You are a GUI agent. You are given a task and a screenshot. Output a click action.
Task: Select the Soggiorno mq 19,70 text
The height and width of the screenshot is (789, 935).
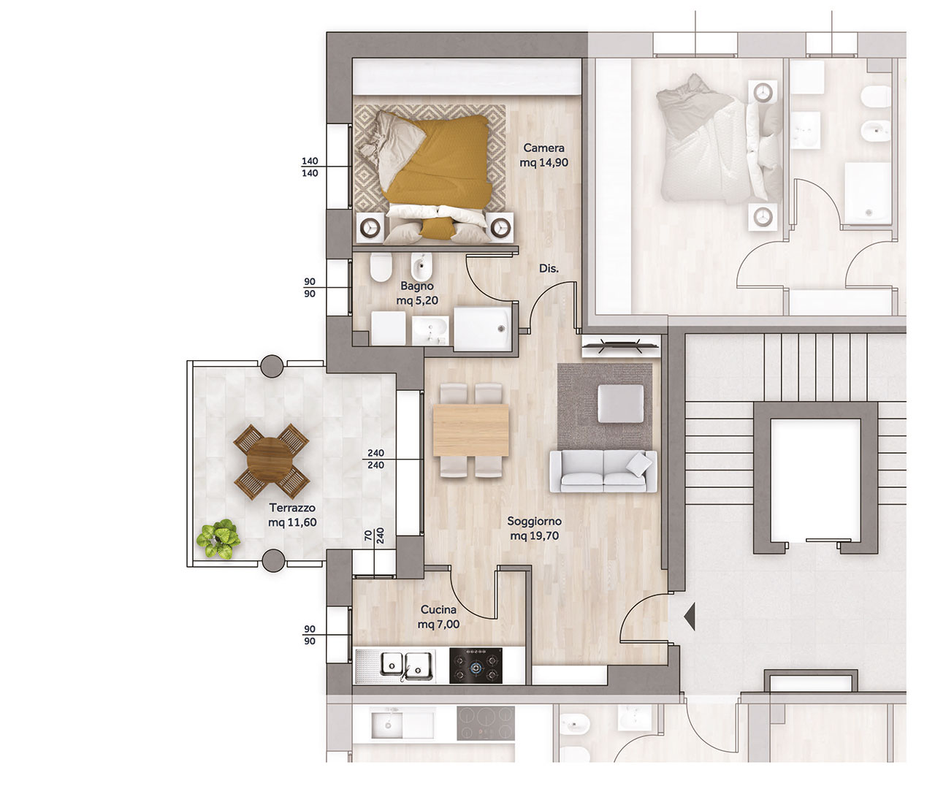pos(534,528)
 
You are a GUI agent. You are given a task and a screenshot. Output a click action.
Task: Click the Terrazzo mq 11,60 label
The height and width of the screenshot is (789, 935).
pos(292,515)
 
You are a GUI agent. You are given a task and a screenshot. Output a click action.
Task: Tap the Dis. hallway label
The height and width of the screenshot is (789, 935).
pos(549,268)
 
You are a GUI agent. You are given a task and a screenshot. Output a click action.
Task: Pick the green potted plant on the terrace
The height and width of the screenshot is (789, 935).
pos(218,538)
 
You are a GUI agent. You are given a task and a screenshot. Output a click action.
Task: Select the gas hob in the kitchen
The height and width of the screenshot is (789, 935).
pos(476,666)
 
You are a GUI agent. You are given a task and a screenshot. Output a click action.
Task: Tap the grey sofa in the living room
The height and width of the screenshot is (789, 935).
pos(603,471)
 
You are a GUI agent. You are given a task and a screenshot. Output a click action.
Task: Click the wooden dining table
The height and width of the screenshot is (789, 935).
pos(470,430)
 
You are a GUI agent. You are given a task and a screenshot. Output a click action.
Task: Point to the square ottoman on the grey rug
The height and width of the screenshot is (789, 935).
pos(621,403)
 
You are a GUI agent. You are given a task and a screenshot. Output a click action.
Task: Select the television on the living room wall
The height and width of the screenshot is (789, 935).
pos(620,346)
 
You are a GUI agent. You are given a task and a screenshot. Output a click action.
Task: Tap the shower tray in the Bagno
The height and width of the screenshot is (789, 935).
pos(483,329)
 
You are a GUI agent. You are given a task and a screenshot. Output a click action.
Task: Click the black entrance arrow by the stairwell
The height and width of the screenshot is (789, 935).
pos(690,617)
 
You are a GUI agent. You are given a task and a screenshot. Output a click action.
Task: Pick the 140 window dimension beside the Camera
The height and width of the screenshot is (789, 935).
pos(310,167)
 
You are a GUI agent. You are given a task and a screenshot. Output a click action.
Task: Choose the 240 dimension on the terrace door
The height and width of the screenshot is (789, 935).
pos(375,459)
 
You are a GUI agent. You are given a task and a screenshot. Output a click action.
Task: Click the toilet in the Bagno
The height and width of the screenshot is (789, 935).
pos(381,267)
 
